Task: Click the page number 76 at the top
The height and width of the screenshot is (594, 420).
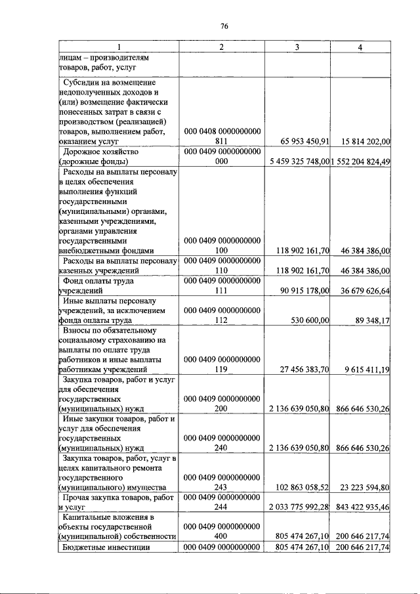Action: [224, 26]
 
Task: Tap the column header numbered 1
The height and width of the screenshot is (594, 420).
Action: [119, 47]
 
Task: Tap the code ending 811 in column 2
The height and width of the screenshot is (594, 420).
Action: [222, 141]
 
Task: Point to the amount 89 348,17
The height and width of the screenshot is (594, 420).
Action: [371, 320]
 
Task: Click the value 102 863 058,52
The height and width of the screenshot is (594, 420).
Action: [299, 487]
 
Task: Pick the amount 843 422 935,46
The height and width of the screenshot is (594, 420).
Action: [364, 507]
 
